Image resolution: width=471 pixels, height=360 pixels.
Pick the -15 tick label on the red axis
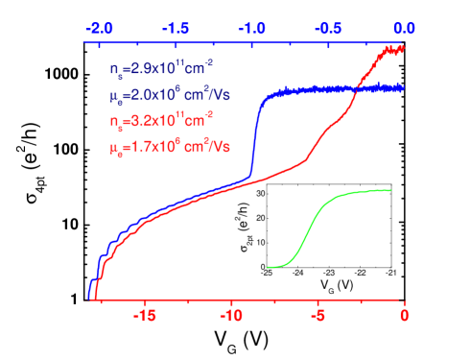[145, 315]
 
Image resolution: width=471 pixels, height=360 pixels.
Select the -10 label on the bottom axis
[232, 315]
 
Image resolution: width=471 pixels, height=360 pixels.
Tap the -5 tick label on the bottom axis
[318, 315]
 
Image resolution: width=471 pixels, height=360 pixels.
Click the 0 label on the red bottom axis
[405, 315]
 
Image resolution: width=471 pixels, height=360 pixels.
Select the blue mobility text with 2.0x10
[164, 97]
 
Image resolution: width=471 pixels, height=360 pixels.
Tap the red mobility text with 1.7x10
[164, 149]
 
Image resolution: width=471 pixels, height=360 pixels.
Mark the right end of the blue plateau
[403, 87]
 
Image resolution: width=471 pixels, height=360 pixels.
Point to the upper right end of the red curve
[403, 47]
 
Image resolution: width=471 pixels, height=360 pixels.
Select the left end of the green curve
[268, 267]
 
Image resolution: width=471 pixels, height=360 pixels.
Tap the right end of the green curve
[392, 190]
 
